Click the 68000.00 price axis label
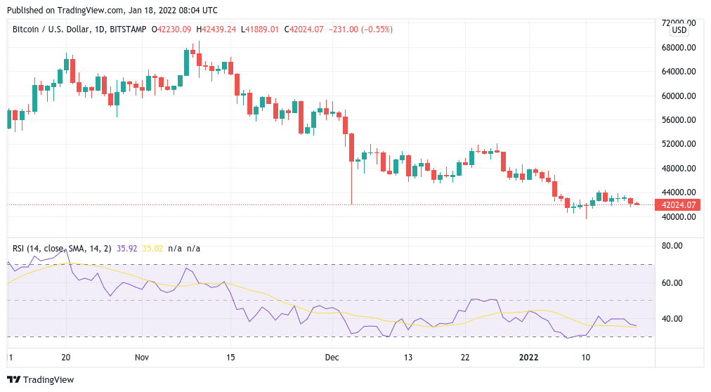678,48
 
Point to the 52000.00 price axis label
678,144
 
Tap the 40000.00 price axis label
678,216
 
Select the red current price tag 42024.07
678,205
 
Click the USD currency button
679,30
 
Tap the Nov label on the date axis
142,357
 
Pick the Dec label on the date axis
332,357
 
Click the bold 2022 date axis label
528,357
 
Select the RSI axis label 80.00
674,246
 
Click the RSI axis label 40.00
674,319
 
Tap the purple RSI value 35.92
126,248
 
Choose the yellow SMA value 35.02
152,248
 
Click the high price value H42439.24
216,30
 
